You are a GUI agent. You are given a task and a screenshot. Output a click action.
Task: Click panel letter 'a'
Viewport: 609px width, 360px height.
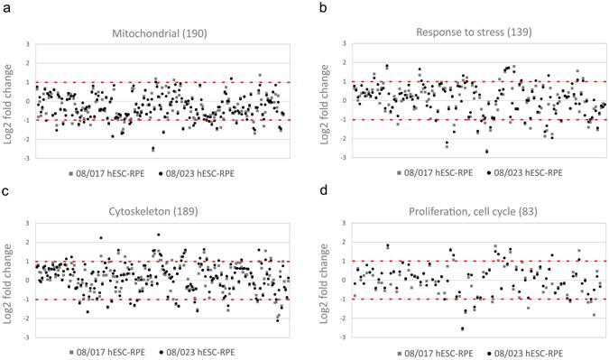(6, 7)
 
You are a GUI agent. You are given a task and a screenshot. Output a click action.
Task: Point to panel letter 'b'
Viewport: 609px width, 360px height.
(310, 7)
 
